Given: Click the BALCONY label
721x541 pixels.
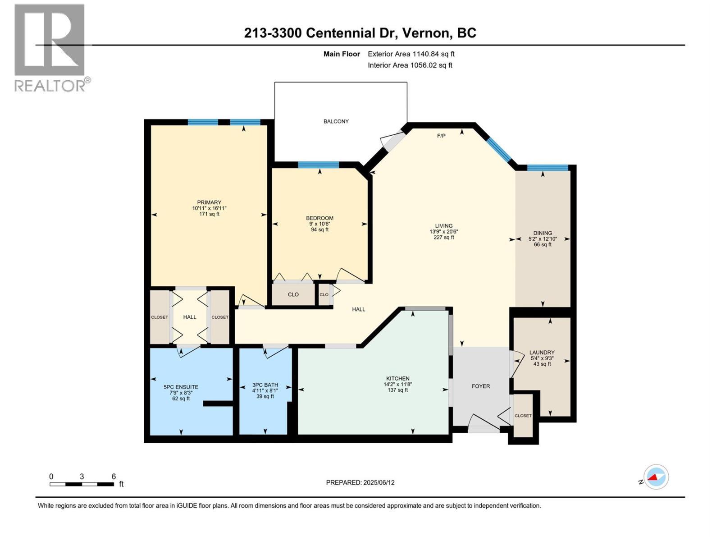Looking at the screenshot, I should coord(336,121).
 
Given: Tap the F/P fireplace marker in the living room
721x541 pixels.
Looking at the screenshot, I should coord(441,136).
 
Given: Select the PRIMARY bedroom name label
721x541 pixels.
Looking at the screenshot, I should coord(209,202).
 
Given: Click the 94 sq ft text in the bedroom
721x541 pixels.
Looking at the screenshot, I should coord(319,229).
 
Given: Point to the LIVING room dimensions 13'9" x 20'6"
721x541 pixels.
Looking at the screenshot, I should coord(443,232).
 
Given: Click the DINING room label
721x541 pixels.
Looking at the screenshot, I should coord(542,233).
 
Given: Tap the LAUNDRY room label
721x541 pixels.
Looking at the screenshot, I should coord(542,353).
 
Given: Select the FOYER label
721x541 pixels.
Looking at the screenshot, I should coord(481,386).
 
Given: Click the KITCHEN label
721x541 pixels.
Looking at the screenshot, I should coord(397,379).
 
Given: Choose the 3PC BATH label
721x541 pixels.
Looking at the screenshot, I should coord(265,385).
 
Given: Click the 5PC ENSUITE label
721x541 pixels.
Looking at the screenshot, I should coord(181,387).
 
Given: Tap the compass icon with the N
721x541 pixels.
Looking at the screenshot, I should coord(656,477).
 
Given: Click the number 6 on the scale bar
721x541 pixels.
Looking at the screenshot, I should coord(114,477).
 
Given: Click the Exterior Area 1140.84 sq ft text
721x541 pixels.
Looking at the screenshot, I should coord(411,54).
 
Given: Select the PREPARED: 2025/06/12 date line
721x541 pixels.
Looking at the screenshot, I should coord(360,482).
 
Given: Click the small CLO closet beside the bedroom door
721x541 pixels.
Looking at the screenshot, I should coord(324,294).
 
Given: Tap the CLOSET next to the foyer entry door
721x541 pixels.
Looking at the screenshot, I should coord(523,416).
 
